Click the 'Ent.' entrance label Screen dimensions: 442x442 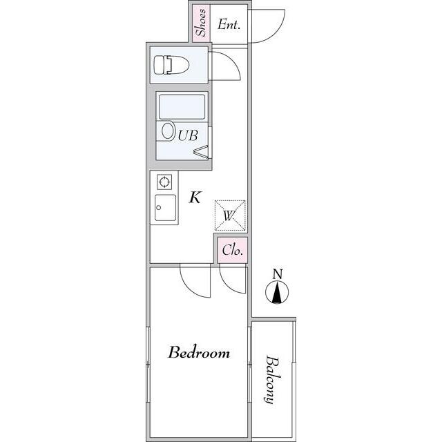pos(229,24)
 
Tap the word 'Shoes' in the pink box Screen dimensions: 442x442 pos(201,23)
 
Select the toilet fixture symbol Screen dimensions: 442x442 pos(171,65)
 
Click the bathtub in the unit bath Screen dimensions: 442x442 pos(182,107)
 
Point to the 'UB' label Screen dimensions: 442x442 pos(188,135)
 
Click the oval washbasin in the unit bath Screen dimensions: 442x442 pos(168,131)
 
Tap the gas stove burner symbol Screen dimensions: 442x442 pos(164,182)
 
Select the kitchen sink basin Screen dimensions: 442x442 pos(166,208)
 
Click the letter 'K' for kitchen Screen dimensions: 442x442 pos(195,197)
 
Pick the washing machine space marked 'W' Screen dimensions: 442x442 pos(230,215)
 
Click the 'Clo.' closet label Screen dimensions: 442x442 pos(233,250)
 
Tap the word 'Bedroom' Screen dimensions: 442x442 pos(199,352)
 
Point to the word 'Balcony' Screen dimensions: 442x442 pos(272,380)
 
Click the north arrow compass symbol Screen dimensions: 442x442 pos(277,292)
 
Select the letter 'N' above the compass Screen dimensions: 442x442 pos(278,274)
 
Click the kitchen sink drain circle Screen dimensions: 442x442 pos(159,208)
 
